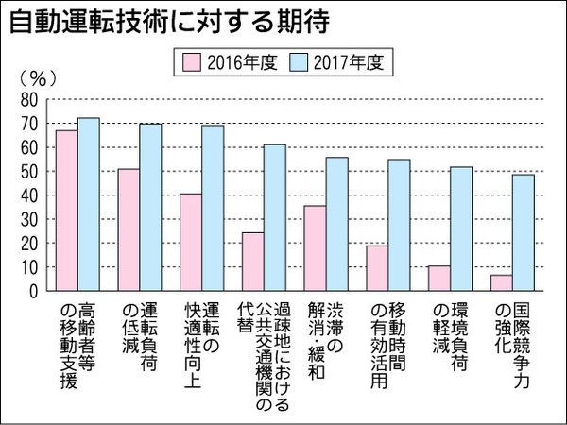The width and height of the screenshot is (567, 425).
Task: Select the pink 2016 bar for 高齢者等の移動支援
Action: point(66,211)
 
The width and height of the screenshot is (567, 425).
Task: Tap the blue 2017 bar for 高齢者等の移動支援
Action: point(88,204)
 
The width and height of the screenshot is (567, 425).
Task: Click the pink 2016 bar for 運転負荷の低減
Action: point(128,229)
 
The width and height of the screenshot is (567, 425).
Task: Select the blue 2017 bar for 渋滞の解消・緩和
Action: point(336,224)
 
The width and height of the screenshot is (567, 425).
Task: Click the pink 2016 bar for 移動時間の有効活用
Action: point(376,268)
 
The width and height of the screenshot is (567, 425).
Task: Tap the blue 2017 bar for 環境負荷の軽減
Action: point(460,229)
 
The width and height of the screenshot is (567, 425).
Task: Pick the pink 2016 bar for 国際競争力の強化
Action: point(501,282)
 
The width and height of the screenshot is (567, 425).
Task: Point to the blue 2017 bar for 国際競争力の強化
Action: point(523,232)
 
